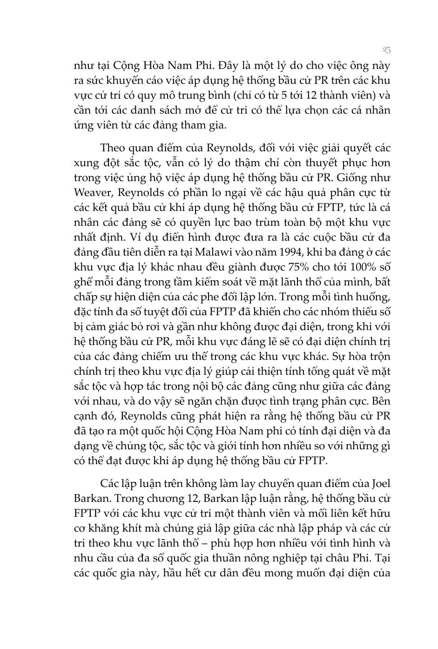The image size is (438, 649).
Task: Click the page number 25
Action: pyautogui.click(x=386, y=49)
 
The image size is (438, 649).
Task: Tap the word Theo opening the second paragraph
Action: pyautogui.click(x=113, y=148)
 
